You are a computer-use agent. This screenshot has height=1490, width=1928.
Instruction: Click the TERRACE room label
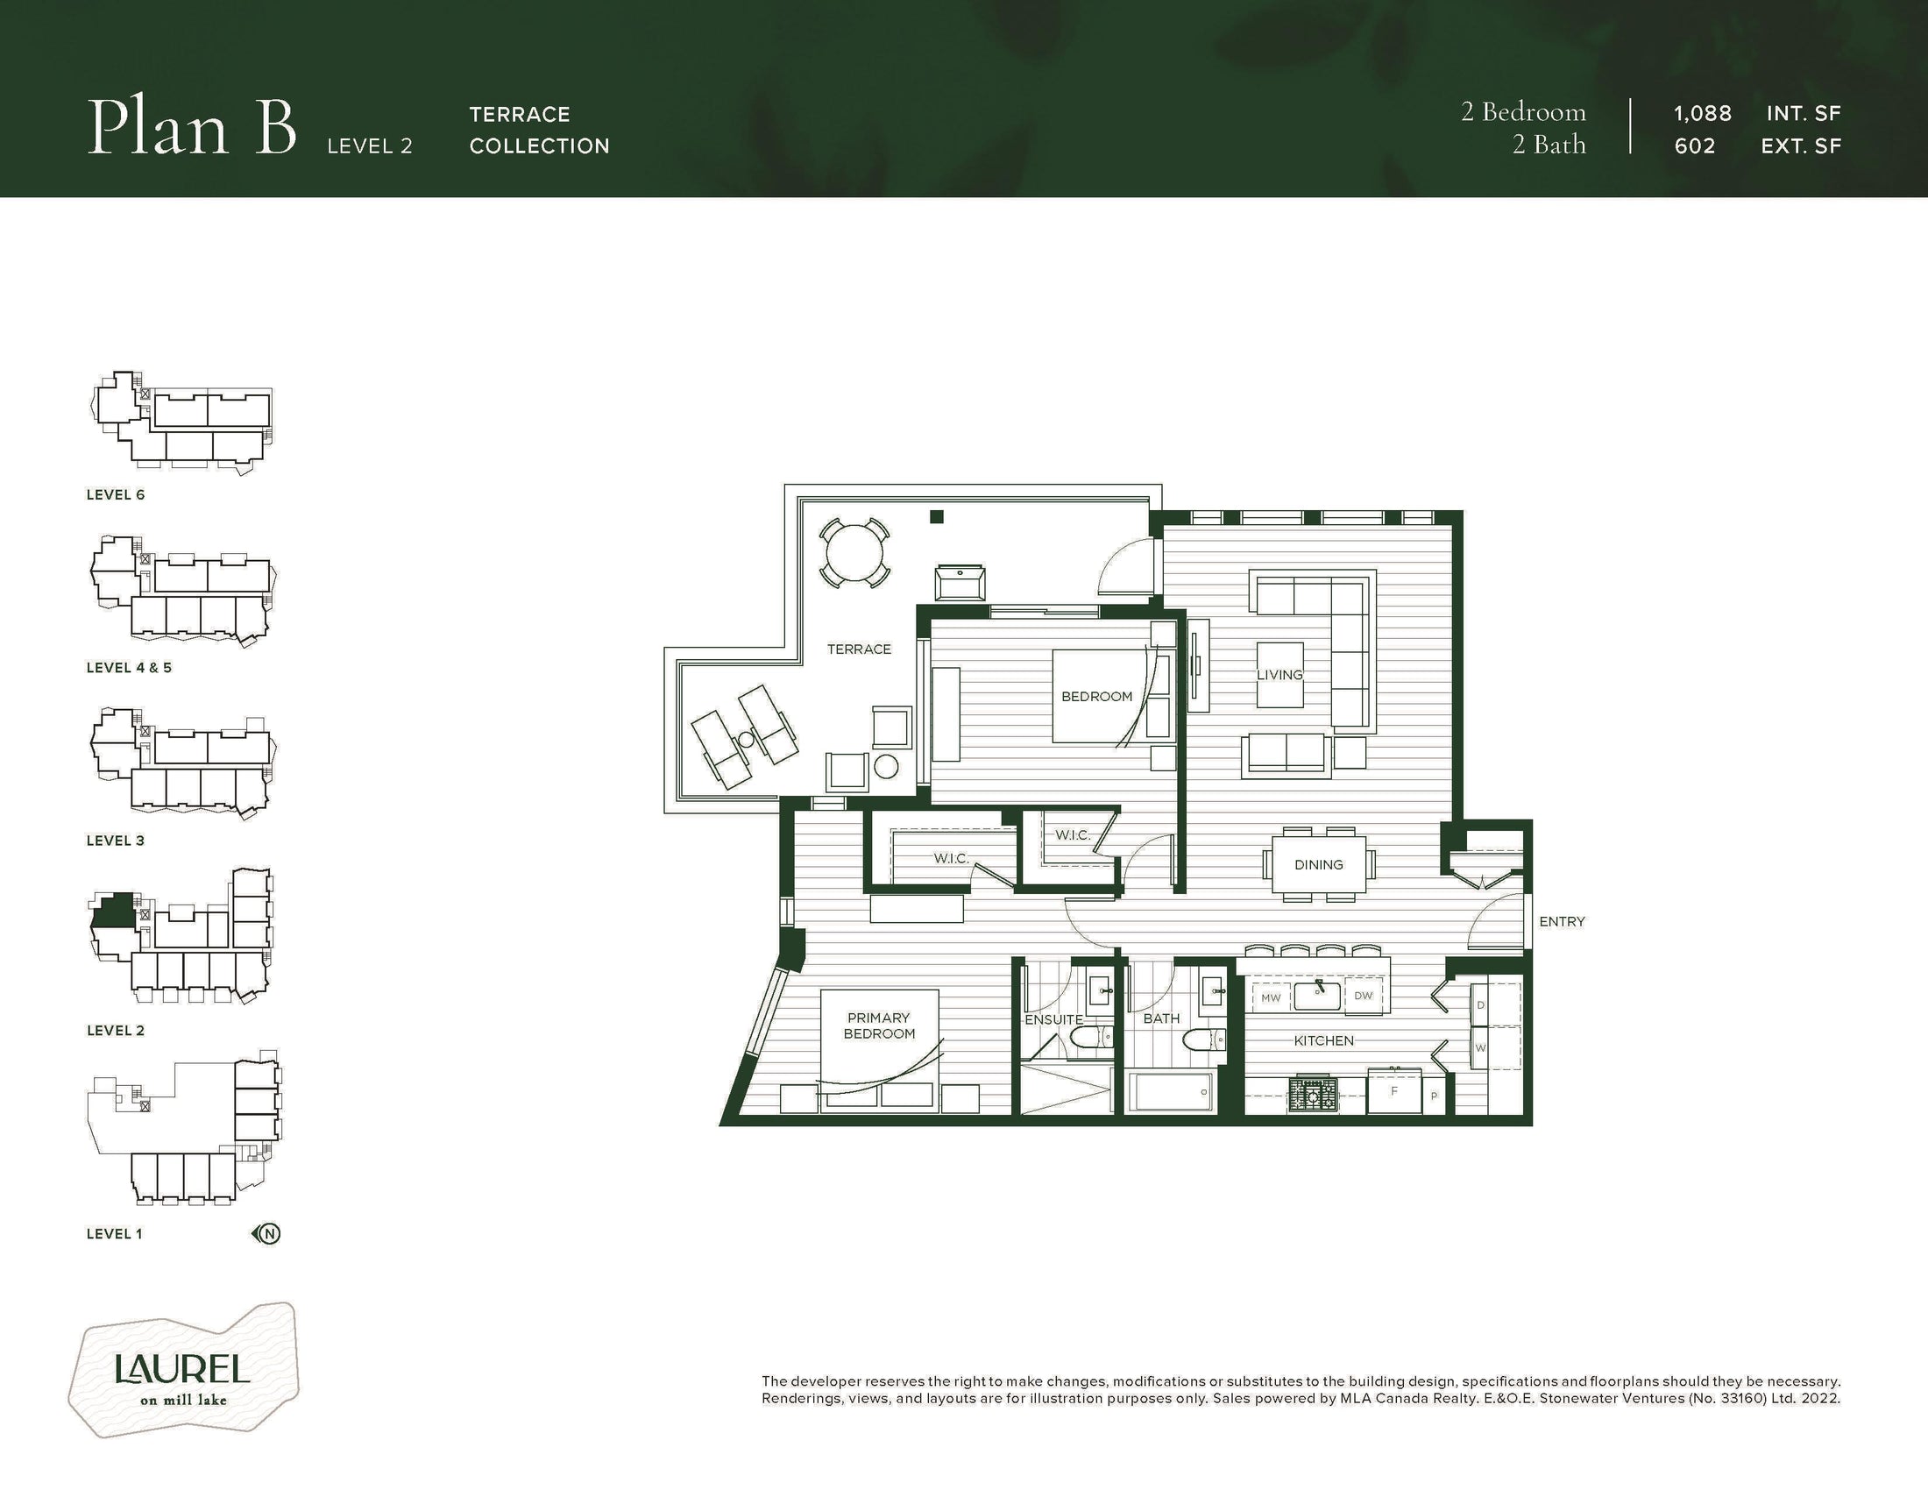click(859, 649)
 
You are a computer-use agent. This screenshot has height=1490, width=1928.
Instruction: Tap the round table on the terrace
click(854, 553)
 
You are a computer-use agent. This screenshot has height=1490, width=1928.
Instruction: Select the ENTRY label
click(1562, 921)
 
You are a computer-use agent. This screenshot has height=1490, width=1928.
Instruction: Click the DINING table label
click(1319, 865)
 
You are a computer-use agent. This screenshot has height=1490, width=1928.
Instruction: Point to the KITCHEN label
click(1323, 1041)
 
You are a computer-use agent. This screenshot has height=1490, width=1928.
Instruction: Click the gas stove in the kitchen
click(1313, 1096)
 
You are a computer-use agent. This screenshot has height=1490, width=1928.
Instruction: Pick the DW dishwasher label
click(1363, 996)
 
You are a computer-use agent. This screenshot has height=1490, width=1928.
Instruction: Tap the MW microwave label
click(1271, 998)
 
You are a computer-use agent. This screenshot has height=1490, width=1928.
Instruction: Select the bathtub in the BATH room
click(1172, 1092)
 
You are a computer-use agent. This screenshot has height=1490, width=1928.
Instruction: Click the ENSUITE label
click(1053, 1019)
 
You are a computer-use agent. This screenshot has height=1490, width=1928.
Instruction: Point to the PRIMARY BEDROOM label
click(878, 1025)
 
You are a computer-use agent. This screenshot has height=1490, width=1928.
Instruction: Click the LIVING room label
click(1279, 674)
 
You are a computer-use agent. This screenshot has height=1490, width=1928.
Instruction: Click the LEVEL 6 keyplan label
click(116, 495)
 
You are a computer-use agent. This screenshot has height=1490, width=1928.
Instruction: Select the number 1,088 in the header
click(1703, 114)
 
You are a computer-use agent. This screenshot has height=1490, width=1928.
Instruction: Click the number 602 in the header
click(1695, 145)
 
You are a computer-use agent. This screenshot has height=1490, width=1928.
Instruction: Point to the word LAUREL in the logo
click(183, 1370)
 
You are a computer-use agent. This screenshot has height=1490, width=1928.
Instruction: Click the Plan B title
click(192, 129)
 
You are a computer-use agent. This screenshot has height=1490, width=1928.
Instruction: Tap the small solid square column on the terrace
click(937, 517)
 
